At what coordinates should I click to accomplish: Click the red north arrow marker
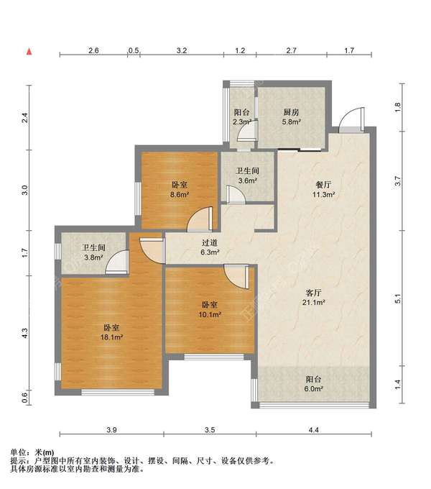(x=29, y=52)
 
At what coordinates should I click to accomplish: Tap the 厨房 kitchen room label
(x=291, y=112)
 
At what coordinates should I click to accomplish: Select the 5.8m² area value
(x=291, y=122)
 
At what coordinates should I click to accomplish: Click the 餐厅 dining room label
(x=323, y=185)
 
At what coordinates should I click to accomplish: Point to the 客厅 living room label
(x=314, y=293)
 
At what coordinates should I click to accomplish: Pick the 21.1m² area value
(x=314, y=302)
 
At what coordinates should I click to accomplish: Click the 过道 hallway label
(x=210, y=242)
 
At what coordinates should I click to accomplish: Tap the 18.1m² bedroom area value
(x=111, y=337)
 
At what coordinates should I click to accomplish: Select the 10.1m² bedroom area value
(x=210, y=314)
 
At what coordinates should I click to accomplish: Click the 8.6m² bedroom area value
(x=180, y=195)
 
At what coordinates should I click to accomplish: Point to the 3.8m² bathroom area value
(x=93, y=257)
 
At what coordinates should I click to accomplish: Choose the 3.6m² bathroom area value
(x=248, y=180)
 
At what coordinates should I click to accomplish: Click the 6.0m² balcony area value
(x=314, y=389)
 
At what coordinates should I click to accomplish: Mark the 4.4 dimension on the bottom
(x=314, y=430)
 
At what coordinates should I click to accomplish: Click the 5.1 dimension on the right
(x=398, y=298)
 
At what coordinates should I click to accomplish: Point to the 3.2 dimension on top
(x=182, y=50)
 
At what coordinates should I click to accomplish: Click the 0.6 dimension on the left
(x=25, y=397)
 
